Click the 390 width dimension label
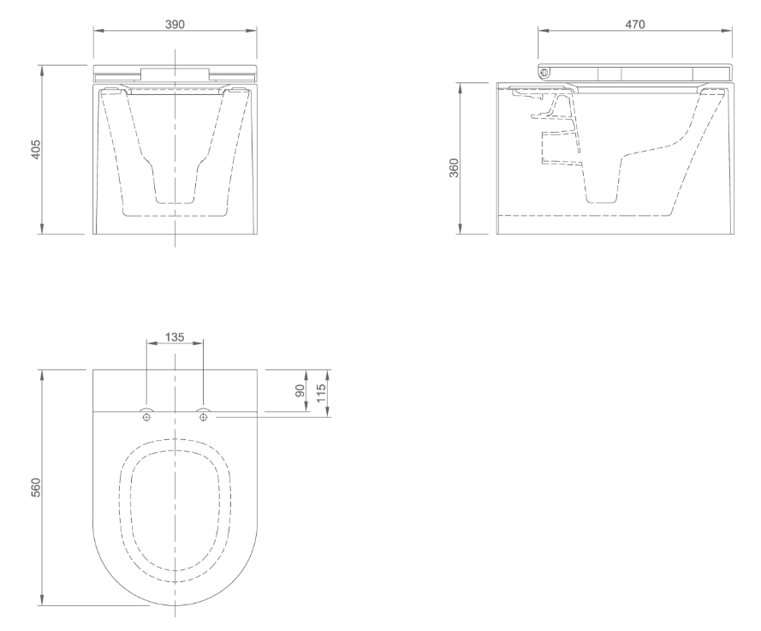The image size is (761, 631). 175,24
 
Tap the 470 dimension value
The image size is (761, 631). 634,24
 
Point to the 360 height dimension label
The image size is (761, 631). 455,167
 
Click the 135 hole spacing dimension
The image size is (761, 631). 175,336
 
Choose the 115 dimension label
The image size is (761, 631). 322,394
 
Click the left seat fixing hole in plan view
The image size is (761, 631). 147,417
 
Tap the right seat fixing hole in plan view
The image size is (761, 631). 203,417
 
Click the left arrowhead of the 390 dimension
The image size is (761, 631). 97,32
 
